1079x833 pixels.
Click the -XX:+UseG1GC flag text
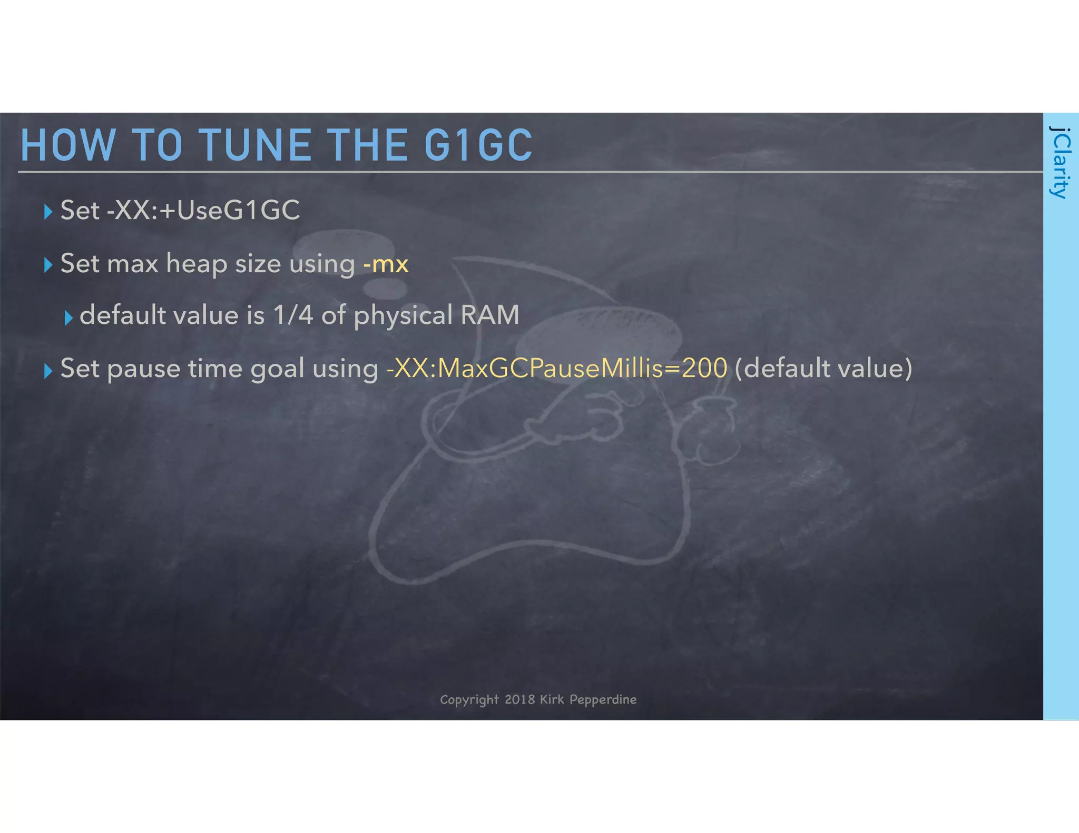(x=203, y=210)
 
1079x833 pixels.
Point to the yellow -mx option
(x=386, y=263)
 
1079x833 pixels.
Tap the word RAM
(x=490, y=315)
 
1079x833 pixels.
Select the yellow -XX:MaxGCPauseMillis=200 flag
(x=557, y=368)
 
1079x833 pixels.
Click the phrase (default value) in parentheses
(x=823, y=368)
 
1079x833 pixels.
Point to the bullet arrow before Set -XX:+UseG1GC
(x=48, y=212)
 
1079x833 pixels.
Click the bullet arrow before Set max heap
(x=48, y=265)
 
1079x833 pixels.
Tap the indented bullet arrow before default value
(x=68, y=318)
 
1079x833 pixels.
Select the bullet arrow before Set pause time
(x=48, y=371)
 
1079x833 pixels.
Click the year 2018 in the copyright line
(x=519, y=699)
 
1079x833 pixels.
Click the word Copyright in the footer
(x=469, y=700)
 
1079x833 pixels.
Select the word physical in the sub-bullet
(x=403, y=316)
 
